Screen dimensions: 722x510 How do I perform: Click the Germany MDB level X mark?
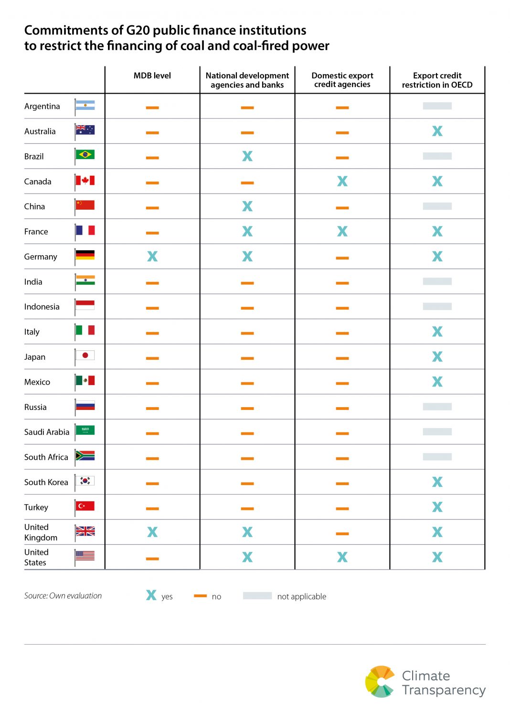coord(152,257)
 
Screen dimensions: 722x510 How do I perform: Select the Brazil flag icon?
coord(85,154)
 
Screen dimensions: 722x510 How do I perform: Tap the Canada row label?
coord(38,182)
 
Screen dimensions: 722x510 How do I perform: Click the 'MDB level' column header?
coord(152,75)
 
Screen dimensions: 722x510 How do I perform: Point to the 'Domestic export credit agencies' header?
coord(342,80)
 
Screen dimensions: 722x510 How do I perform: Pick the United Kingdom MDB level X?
coord(152,532)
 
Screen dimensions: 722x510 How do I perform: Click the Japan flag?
coord(85,355)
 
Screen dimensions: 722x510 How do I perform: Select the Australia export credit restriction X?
coord(437,131)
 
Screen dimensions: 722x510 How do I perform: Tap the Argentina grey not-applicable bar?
coord(437,106)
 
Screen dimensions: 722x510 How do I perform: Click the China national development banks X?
coord(247,206)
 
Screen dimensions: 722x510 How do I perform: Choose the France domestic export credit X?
coord(342,231)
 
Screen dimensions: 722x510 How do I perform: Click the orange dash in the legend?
coord(200,596)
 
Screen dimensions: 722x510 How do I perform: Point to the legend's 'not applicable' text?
coord(302,596)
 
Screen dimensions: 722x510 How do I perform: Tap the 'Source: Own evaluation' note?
coord(63,596)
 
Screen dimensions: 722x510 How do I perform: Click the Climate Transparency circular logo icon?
coord(380,681)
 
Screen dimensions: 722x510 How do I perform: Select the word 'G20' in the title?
coord(138,30)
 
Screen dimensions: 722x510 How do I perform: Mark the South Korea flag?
coord(85,480)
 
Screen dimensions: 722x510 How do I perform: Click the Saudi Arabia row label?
coord(47,432)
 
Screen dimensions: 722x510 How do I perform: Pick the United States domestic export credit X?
coord(342,557)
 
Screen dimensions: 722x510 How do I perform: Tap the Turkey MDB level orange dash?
coord(152,508)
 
